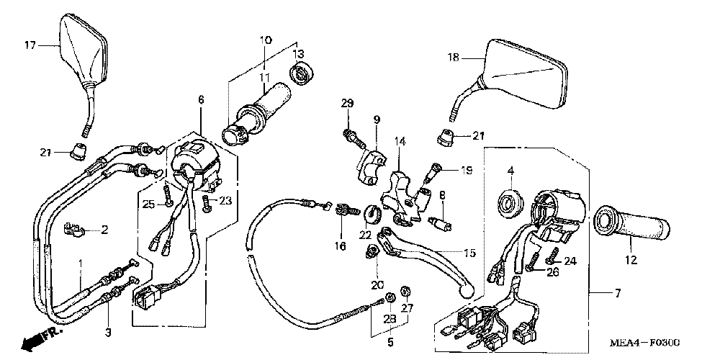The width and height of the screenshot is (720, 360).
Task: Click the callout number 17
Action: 30,45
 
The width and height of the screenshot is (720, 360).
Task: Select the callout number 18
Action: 453,57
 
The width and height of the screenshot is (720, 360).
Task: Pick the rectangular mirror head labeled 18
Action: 526,73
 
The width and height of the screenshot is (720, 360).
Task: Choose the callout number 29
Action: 347,105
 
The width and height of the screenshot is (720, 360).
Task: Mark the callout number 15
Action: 469,253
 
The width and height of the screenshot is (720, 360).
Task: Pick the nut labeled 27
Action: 405,292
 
